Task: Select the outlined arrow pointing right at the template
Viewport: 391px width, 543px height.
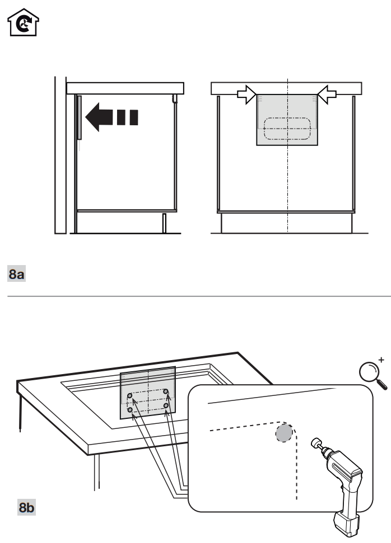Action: [x=245, y=95]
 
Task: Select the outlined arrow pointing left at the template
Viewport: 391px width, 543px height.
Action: [x=326, y=95]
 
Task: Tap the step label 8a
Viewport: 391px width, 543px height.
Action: [x=17, y=275]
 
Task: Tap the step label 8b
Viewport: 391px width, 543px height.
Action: [x=26, y=508]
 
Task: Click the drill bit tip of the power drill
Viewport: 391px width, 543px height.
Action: [x=314, y=443]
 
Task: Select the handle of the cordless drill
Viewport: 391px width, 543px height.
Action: [x=348, y=493]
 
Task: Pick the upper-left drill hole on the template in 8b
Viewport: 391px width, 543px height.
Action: [x=130, y=396]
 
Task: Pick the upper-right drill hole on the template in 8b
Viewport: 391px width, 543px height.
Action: [x=166, y=391]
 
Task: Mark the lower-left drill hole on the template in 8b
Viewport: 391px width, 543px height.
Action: [x=131, y=410]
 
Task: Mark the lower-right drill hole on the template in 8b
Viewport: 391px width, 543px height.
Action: [x=166, y=405]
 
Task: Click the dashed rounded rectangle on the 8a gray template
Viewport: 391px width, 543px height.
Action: [x=287, y=128]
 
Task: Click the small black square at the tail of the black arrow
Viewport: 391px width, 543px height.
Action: [x=133, y=117]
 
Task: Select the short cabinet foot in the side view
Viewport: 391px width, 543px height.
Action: [x=164, y=223]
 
